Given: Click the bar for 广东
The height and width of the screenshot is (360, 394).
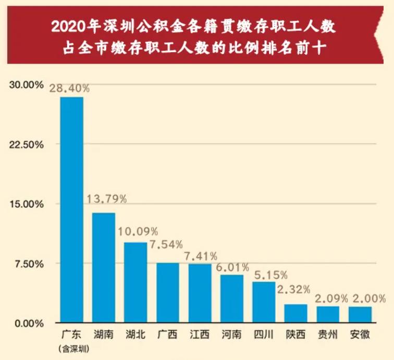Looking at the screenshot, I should tap(71, 209).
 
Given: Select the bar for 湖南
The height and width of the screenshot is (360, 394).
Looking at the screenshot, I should tap(104, 267).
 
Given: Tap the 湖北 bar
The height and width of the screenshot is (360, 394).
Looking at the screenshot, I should tap(136, 282).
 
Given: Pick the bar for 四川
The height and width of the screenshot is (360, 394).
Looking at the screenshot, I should tap(264, 302).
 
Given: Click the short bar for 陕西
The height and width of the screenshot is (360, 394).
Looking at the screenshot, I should tap(295, 313).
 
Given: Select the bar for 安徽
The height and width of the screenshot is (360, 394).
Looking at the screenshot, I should tap(360, 314).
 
